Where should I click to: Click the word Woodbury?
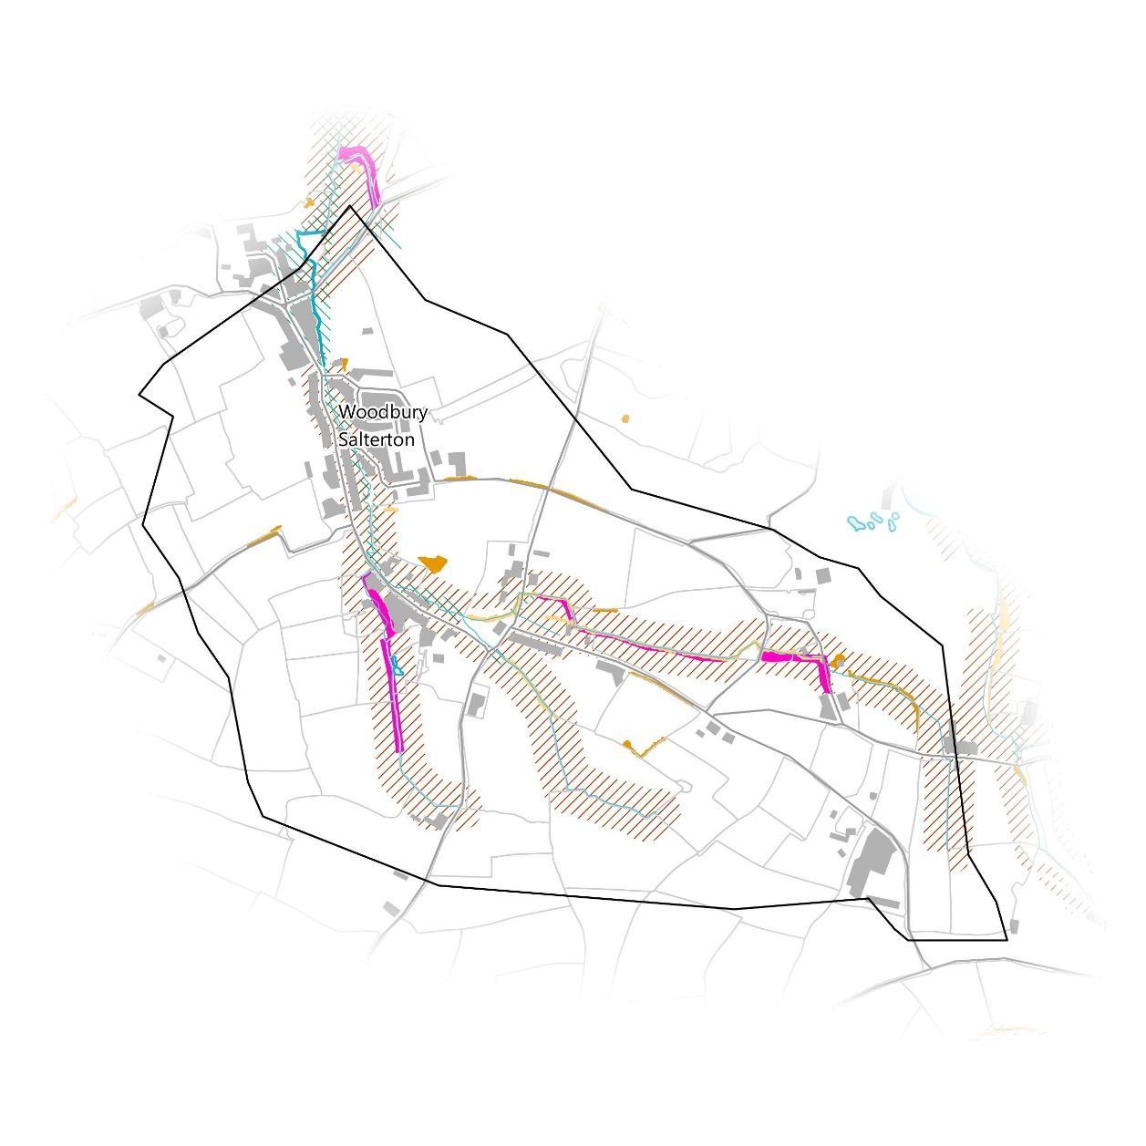pos(383,412)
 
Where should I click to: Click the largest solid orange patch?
pos(433,563)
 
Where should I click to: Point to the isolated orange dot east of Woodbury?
pos(625,418)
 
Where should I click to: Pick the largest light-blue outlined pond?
pos(857,523)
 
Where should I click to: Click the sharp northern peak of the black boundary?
pos(350,206)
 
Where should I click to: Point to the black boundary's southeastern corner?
pos(1007,939)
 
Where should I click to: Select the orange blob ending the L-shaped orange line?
pos(627,746)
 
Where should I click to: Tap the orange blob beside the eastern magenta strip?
pos(838,659)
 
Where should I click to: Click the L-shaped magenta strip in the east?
pos(802,658)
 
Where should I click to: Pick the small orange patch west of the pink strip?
pos(309,202)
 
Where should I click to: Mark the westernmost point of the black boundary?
pos(139,395)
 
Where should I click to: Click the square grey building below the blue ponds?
pos(822,576)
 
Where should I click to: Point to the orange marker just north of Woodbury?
pos(344,363)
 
